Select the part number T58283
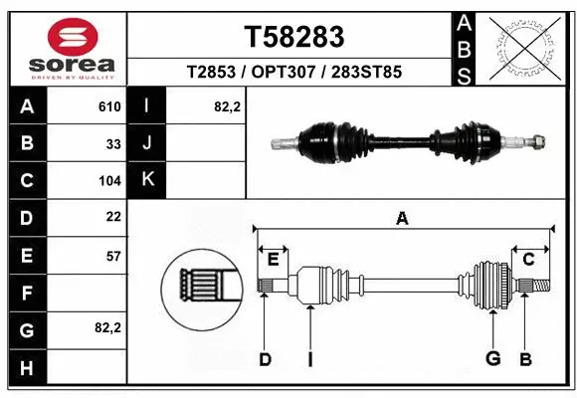[294, 37]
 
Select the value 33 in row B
[113, 144]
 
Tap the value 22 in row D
[113, 217]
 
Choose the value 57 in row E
[113, 255]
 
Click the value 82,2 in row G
[107, 327]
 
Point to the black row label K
[147, 180]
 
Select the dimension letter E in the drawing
[273, 260]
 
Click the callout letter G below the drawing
[491, 359]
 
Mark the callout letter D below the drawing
[265, 359]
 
